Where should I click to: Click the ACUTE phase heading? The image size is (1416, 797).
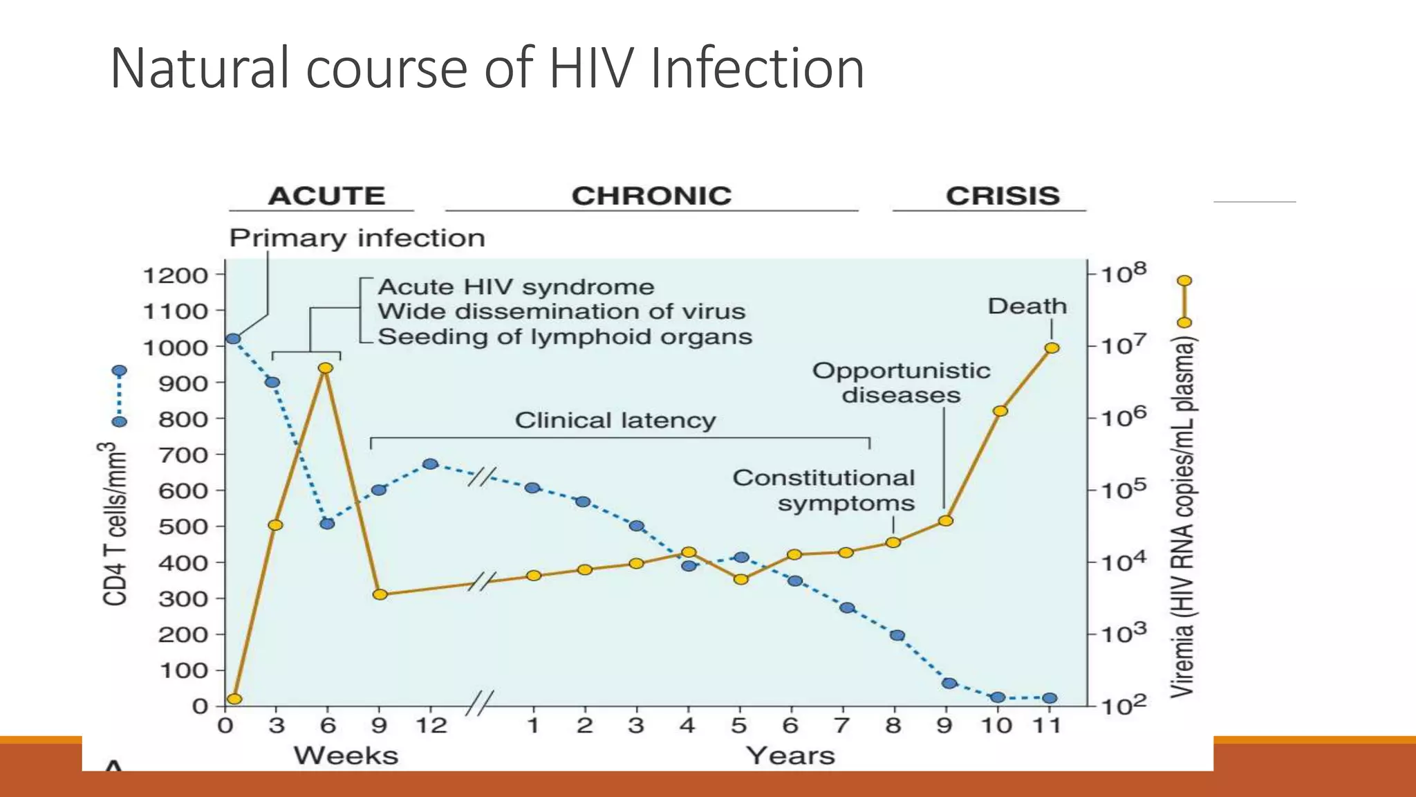click(326, 196)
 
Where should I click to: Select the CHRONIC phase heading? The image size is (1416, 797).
click(651, 196)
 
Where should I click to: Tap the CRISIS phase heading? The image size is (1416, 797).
click(1003, 196)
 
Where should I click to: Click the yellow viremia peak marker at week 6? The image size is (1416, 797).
click(326, 368)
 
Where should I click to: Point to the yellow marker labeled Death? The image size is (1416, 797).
click(1052, 348)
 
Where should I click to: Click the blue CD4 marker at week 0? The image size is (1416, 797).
click(233, 339)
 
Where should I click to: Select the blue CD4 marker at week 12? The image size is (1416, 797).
click(430, 464)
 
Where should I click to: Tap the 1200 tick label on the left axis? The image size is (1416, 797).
click(176, 275)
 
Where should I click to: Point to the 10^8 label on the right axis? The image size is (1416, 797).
click(1123, 273)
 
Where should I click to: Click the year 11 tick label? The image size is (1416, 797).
click(1047, 726)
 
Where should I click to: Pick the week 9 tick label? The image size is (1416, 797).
click(379, 726)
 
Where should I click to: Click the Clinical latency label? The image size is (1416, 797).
click(615, 421)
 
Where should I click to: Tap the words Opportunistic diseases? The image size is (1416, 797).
click(901, 383)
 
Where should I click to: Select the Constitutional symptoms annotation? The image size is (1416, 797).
click(824, 490)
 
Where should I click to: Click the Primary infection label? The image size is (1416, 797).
click(357, 238)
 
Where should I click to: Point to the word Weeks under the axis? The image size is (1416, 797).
click(346, 755)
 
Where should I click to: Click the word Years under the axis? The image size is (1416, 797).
click(790, 755)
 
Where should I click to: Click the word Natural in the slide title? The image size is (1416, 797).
click(201, 68)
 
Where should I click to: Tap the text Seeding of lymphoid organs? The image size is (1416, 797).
click(565, 337)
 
